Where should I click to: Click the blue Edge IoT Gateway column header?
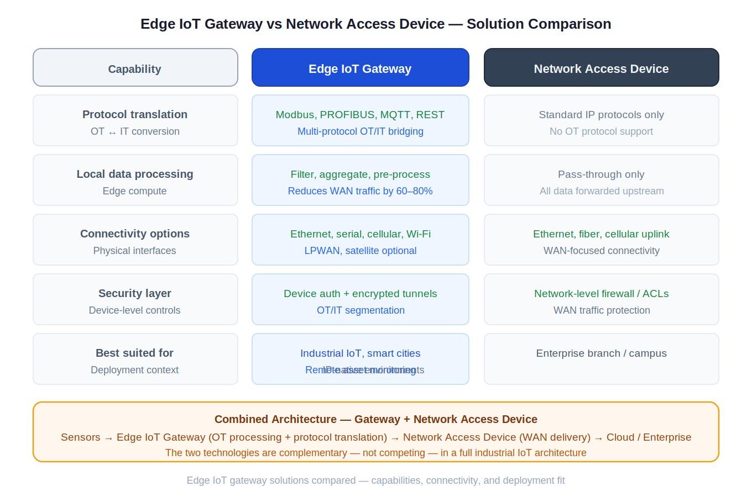point(360,68)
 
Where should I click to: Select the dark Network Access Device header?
point(601,68)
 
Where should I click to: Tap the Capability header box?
point(135,68)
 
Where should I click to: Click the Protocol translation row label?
point(135,115)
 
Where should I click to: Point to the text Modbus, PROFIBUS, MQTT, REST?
point(360,115)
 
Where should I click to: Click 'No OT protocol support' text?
point(601,131)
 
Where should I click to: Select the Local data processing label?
point(135,174)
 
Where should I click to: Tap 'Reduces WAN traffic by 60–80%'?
point(360,191)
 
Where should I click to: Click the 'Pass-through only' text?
point(601,175)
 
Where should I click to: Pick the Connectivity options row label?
point(135,234)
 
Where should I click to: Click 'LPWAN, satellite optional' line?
point(360,251)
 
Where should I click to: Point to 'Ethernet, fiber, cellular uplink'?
point(601,234)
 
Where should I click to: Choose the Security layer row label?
point(135,293)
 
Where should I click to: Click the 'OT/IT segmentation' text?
point(360,310)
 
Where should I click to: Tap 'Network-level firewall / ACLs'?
point(601,294)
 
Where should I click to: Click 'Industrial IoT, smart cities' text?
point(360,353)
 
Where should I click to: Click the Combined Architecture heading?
point(375,419)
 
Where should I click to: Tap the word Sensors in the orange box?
point(80,437)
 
